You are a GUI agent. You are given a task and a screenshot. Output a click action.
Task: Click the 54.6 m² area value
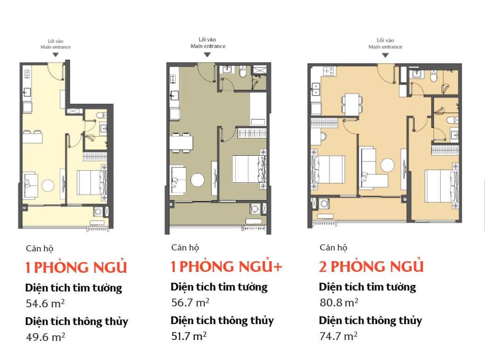pos(45,303)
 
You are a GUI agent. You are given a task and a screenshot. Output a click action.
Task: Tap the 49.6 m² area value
pos(45,337)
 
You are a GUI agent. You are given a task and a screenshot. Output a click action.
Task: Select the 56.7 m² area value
pos(190,302)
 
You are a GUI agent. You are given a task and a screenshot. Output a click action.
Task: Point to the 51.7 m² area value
pos(189,336)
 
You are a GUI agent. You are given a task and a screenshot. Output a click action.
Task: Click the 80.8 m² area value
pos(339,302)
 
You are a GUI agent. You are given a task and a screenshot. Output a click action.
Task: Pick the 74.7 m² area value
pos(338,336)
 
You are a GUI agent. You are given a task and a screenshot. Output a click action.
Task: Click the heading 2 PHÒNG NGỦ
pos(371,266)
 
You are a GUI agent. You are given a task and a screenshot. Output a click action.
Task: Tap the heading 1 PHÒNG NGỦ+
pos(226,266)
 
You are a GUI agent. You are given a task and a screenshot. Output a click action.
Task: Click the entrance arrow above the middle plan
pos(207,55)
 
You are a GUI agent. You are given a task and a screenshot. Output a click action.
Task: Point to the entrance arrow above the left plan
pos(56,55)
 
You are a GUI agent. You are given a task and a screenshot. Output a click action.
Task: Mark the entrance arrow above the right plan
pos(385,55)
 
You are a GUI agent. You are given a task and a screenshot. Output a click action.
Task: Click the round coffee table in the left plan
pos(48,186)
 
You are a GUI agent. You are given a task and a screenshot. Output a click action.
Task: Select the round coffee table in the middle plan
pos(197,180)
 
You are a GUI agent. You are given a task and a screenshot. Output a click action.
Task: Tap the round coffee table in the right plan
pos(387,166)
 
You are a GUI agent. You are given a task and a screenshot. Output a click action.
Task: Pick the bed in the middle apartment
pos(249,169)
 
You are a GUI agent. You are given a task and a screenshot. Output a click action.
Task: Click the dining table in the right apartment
pos(352,104)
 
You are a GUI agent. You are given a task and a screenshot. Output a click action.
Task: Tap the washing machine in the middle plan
pos(254,208)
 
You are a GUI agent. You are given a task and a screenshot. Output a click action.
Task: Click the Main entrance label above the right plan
pos(385,47)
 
